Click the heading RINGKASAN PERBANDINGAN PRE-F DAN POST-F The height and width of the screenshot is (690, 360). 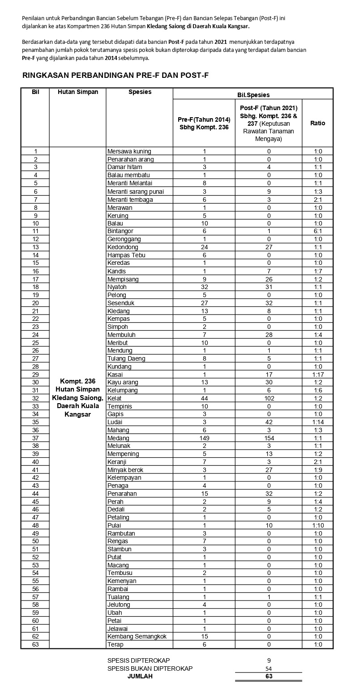tap(116, 76)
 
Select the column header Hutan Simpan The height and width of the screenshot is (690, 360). tap(77, 92)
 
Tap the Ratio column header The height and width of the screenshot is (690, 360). tap(317, 123)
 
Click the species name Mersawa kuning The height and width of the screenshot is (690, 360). tap(129, 151)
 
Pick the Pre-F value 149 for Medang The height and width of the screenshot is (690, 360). tap(204, 438)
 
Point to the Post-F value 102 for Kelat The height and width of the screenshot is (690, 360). tap(269, 398)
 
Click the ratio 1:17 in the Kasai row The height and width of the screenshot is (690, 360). tap(317, 375)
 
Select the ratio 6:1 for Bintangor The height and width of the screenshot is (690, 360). tap(317, 231)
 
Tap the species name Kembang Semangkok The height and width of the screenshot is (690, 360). tap(140, 637)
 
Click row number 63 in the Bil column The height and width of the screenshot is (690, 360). tap(35, 645)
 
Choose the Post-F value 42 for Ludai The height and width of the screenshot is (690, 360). tap(269, 422)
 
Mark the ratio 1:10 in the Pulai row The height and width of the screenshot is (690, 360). tap(317, 525)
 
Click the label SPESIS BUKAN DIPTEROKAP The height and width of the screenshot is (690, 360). tap(150, 669)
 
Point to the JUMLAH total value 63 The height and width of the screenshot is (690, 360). tap(269, 676)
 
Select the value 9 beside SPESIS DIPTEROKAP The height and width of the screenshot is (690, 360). tap(269, 660)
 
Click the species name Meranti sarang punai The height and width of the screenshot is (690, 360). tap(136, 192)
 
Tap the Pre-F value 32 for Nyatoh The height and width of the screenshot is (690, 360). tap(204, 287)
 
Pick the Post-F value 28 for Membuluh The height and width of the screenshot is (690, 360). tap(269, 335)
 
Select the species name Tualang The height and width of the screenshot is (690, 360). tap(119, 597)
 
